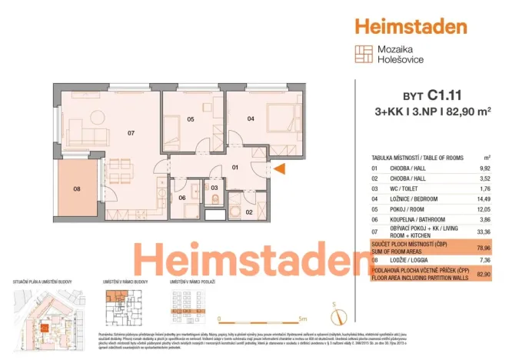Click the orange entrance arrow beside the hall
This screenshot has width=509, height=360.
(x=281, y=169)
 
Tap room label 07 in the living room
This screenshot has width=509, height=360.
(x=131, y=132)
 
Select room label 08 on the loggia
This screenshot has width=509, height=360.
(x=77, y=187)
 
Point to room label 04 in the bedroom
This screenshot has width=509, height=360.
(x=251, y=118)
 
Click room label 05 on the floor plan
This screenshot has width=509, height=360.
(x=190, y=119)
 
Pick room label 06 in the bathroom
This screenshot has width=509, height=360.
(x=182, y=198)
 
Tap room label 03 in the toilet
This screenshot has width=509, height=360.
(x=215, y=187)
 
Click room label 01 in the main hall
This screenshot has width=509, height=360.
(x=237, y=167)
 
